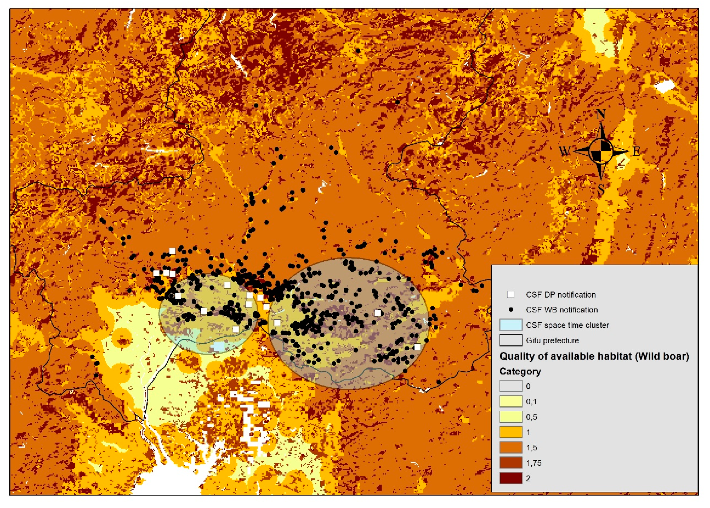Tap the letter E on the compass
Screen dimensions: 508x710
(x=636, y=152)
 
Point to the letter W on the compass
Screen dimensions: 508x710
(x=565, y=152)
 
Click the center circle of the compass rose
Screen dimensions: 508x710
(x=601, y=151)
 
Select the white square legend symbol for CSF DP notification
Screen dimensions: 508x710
(x=511, y=294)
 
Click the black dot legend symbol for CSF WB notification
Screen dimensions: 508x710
(x=511, y=310)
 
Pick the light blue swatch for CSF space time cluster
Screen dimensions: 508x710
(x=511, y=325)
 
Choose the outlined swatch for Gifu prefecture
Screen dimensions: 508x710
(x=511, y=340)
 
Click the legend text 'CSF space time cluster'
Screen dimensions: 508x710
(x=567, y=325)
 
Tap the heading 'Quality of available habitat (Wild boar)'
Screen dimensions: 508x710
(x=594, y=356)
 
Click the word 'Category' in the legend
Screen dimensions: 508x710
(x=520, y=371)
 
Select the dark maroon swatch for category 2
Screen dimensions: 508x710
(x=511, y=478)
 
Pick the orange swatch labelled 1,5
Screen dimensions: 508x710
(x=511, y=448)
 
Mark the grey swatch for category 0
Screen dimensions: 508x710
(x=511, y=386)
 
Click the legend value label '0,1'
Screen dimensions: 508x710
(x=531, y=402)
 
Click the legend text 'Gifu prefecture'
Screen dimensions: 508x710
(x=552, y=340)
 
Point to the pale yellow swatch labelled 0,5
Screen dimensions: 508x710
(x=511, y=417)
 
